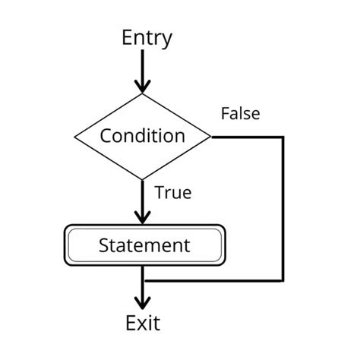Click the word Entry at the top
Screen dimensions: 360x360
tap(147, 38)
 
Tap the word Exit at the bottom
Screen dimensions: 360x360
tap(143, 324)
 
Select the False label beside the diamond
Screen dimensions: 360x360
tap(240, 115)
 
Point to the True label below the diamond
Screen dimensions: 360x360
tap(172, 194)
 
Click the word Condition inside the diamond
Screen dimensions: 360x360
tap(143, 137)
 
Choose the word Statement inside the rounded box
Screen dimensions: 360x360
tap(144, 245)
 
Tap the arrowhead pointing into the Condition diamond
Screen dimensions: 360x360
tap(143, 85)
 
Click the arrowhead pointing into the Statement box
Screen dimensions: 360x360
tap(143, 216)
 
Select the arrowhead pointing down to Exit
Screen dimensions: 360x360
tap(143, 300)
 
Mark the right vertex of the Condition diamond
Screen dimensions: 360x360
tap(212, 137)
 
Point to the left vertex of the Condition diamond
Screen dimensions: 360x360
tap(74, 137)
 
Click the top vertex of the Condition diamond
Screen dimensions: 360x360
tap(143, 94)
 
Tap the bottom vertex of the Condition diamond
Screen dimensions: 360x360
tap(143, 180)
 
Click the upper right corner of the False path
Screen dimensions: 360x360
tap(283, 137)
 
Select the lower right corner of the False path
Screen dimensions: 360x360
tap(283, 279)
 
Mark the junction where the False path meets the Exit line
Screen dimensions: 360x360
tap(143, 279)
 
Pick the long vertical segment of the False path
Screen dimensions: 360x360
tap(283, 209)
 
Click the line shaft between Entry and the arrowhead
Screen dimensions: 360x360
tap(143, 65)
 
